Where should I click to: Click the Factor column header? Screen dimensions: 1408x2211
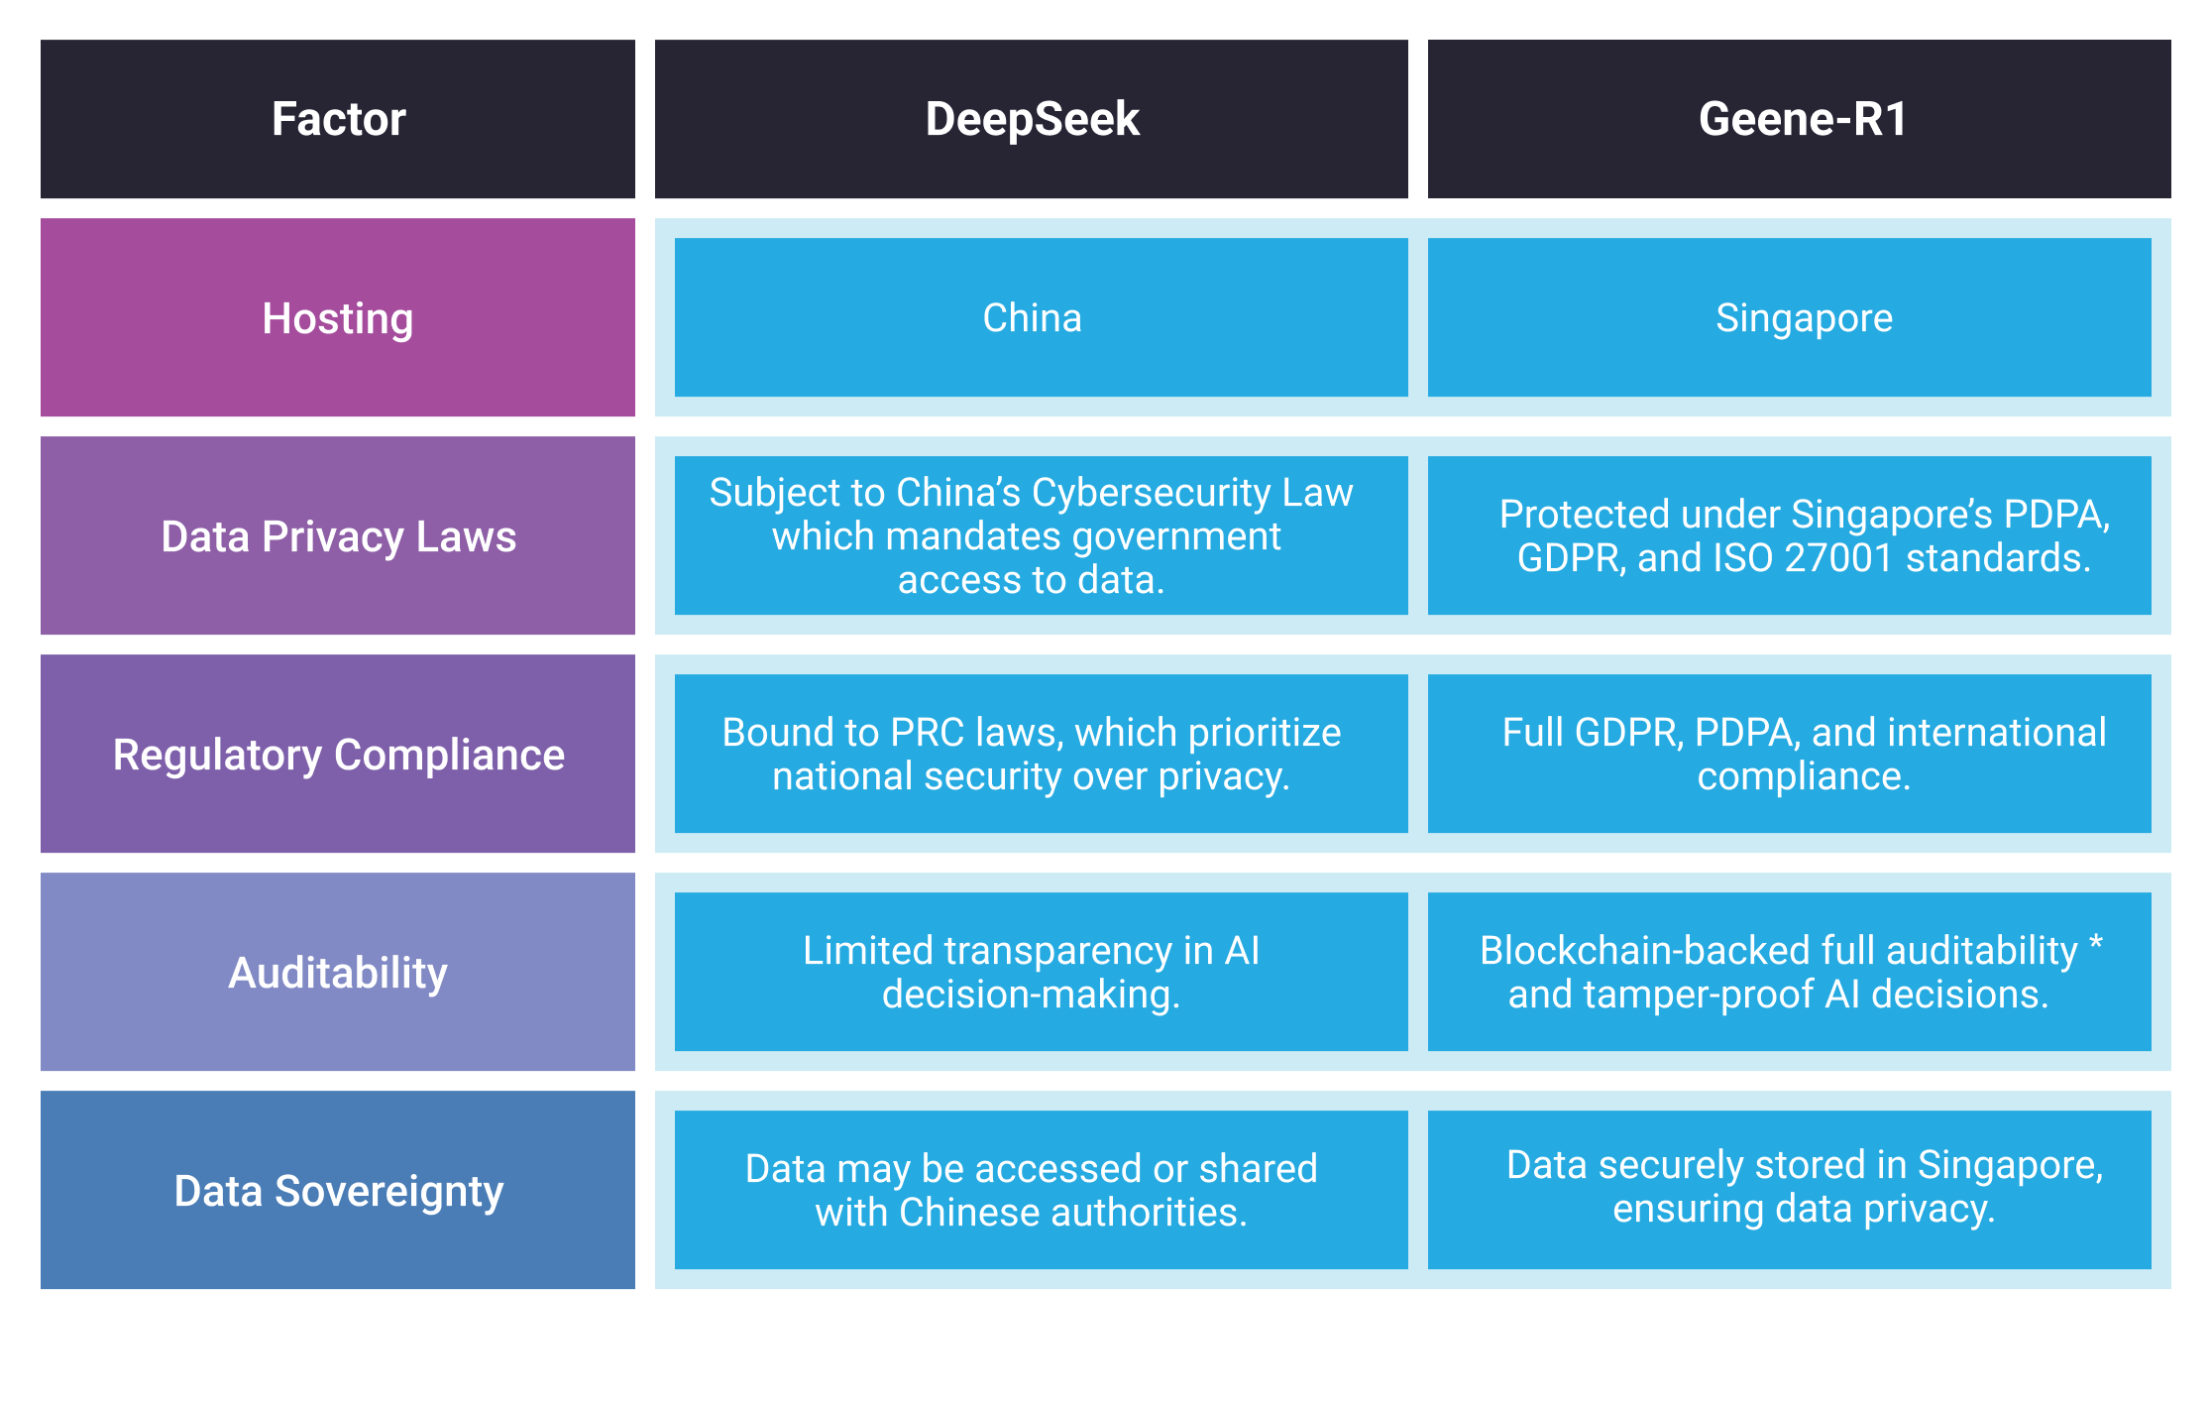click(338, 119)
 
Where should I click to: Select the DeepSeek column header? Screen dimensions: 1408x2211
click(1032, 119)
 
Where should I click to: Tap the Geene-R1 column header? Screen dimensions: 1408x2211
click(1802, 119)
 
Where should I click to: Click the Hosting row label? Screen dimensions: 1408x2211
click(338, 318)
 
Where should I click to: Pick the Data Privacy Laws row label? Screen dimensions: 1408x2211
click(338, 536)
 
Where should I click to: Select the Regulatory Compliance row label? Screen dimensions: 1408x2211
click(338, 755)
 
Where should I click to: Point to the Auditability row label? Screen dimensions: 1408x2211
click(338, 973)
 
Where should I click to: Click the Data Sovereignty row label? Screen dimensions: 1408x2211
click(338, 1191)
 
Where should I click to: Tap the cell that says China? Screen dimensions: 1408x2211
click(1032, 318)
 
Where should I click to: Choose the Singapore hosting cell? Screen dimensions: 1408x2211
click(1804, 318)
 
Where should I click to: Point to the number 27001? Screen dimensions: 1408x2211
click(1838, 558)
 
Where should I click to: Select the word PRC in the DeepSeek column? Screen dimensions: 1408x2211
click(927, 733)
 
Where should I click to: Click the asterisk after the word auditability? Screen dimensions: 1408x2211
click(2096, 943)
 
